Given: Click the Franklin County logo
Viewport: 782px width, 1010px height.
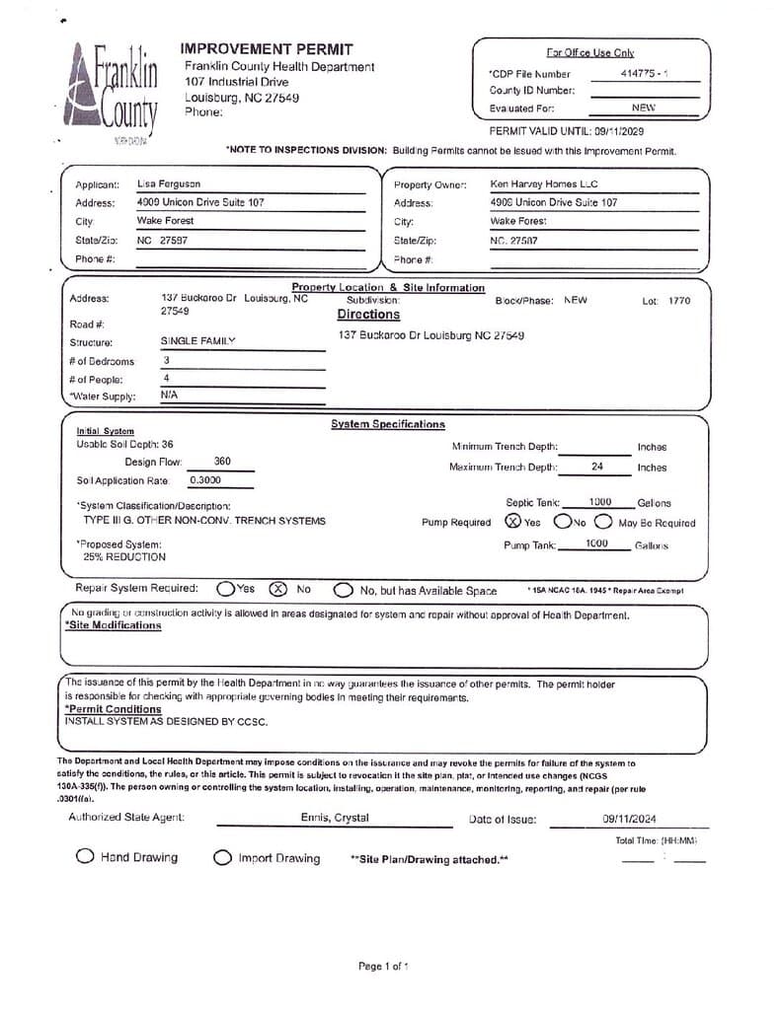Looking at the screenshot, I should point(116,92).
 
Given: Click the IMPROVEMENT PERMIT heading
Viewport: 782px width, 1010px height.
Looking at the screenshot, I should point(266,49).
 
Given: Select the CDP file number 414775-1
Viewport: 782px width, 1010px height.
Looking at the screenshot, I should point(644,74).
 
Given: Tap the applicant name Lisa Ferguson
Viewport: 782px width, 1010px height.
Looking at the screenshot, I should point(168,184).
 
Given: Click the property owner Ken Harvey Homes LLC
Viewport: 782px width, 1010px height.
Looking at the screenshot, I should point(544,184).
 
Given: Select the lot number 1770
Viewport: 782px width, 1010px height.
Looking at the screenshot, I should point(679,301).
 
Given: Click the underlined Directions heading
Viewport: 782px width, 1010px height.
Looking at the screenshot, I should point(368,315).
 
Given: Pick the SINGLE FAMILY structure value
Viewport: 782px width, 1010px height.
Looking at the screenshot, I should point(198,341).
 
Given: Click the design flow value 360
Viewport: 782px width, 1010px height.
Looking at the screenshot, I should point(223,462).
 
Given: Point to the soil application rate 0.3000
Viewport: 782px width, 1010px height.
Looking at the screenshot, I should point(205,480).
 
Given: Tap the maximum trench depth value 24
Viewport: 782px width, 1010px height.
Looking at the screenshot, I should point(597,467).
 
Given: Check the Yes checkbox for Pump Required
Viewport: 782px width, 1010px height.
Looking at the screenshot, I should point(513,522).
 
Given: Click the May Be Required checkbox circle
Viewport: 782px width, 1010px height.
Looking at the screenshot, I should point(604,522).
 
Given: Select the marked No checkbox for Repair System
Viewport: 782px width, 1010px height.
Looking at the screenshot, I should point(278,589).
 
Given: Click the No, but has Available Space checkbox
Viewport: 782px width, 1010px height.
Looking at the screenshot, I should point(343,590).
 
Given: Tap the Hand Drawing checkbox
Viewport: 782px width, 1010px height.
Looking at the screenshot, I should point(86,857).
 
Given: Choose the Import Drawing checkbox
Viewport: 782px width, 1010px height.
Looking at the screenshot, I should point(223,858).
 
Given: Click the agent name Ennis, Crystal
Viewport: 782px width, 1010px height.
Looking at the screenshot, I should point(335,818).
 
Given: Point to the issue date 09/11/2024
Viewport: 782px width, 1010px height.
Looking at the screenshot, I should point(629,819).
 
